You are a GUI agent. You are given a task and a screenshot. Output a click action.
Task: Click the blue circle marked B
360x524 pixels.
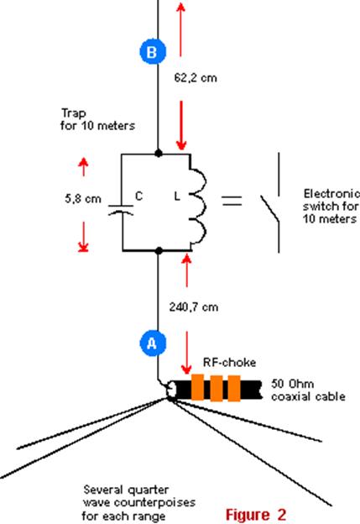click(x=153, y=52)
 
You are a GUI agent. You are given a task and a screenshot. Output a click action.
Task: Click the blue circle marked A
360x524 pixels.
click(x=153, y=343)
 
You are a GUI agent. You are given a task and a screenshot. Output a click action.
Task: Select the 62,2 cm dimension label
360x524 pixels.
click(x=196, y=78)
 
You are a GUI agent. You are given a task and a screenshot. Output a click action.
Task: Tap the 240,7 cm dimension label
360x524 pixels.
click(x=194, y=307)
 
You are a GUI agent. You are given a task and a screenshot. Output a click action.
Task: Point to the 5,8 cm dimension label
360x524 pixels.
click(x=83, y=199)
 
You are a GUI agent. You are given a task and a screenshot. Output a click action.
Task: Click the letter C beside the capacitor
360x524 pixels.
click(x=139, y=196)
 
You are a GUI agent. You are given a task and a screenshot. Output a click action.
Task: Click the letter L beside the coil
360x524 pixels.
click(x=177, y=196)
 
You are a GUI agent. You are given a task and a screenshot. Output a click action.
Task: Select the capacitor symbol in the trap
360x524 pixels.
click(x=121, y=210)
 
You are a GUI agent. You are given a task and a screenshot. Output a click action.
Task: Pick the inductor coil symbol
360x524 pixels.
click(x=199, y=202)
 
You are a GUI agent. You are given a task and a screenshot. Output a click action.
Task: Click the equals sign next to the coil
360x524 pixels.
click(x=232, y=201)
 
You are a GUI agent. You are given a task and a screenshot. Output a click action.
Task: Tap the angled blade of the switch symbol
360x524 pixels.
click(x=269, y=210)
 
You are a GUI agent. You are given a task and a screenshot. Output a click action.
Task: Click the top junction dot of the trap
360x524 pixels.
click(x=159, y=154)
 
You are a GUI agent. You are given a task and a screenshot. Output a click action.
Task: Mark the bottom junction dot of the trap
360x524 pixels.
click(x=159, y=250)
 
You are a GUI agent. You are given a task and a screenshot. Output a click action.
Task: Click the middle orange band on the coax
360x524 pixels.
click(x=217, y=388)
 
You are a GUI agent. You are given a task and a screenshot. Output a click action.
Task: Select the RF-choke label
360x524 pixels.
click(x=229, y=363)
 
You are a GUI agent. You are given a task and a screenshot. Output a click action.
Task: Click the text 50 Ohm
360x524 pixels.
click(x=292, y=384)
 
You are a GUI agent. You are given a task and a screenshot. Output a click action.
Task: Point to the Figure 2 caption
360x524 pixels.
click(x=256, y=514)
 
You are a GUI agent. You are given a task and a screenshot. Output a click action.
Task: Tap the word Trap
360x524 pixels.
click(x=74, y=113)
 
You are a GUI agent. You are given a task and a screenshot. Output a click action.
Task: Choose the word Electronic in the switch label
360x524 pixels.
click(x=331, y=194)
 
